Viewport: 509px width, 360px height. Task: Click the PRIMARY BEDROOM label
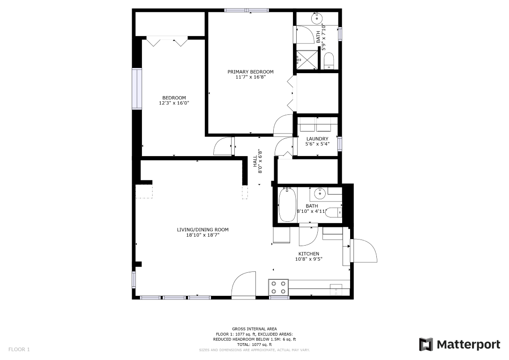pos(250,72)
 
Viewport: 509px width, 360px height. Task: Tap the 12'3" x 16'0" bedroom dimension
pos(174,103)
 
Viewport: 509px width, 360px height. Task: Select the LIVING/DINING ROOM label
pos(202,230)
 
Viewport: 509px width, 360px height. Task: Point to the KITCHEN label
pos(309,254)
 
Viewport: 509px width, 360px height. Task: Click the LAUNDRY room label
pos(317,139)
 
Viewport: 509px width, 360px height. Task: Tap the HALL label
pos(255,161)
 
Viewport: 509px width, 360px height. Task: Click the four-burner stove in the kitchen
pos(279,287)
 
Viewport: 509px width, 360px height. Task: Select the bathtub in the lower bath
pos(287,204)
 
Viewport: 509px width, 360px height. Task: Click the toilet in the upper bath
pos(329,61)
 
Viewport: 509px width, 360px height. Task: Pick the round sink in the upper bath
pos(316,18)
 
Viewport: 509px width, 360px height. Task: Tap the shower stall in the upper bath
pos(307,60)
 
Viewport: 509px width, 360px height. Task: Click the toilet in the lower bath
pos(333,213)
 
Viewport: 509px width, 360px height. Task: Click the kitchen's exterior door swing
pos(364,251)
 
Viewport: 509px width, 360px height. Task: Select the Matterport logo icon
pos(426,345)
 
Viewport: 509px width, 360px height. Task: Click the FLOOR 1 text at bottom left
pos(19,350)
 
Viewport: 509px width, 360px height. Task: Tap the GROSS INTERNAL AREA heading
pos(254,329)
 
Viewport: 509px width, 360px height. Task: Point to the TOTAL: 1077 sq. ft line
pos(254,345)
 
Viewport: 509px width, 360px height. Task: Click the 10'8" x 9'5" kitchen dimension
pos(309,259)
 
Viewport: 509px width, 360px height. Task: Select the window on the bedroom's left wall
pos(137,89)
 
